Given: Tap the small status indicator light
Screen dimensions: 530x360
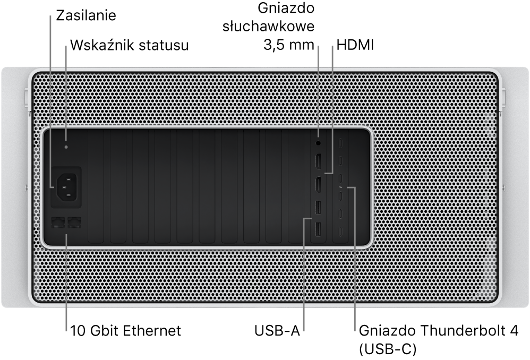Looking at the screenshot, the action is pos(66,147).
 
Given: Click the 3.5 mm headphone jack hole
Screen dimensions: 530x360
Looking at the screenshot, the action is pos(318,143).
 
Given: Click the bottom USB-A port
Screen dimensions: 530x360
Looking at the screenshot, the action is pos(318,230).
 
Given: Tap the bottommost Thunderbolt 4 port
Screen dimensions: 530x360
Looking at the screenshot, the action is pos(341,232).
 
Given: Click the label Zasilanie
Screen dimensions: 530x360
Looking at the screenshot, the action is pos(86,15).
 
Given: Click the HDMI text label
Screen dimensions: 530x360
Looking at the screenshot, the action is pos(355,45).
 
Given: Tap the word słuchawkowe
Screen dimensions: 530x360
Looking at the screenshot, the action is pos(268,27).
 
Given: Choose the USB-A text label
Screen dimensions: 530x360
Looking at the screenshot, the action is pos(277,331).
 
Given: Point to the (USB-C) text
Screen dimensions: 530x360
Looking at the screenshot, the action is pos(387,349).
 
